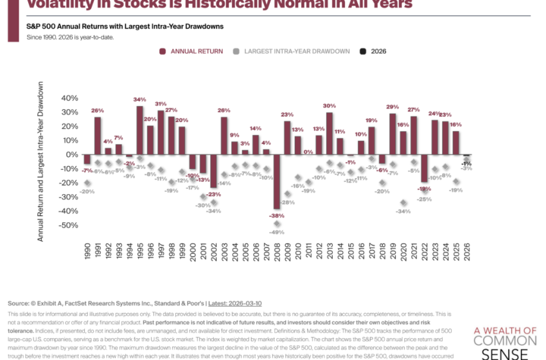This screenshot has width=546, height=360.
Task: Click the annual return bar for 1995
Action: tap(139, 130)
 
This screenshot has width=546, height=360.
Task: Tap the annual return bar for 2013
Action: tap(329, 134)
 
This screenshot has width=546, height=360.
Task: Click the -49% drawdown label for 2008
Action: tap(277, 232)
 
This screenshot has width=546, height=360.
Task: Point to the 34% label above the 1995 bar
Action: tap(139, 100)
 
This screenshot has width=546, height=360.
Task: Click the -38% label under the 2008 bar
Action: tap(277, 215)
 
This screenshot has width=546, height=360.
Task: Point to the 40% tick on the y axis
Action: tap(69, 98)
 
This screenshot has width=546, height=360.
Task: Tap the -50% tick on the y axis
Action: tap(67, 226)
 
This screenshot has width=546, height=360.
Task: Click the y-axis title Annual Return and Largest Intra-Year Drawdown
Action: tap(40, 161)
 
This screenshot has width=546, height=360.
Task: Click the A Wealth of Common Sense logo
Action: tap(504, 342)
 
